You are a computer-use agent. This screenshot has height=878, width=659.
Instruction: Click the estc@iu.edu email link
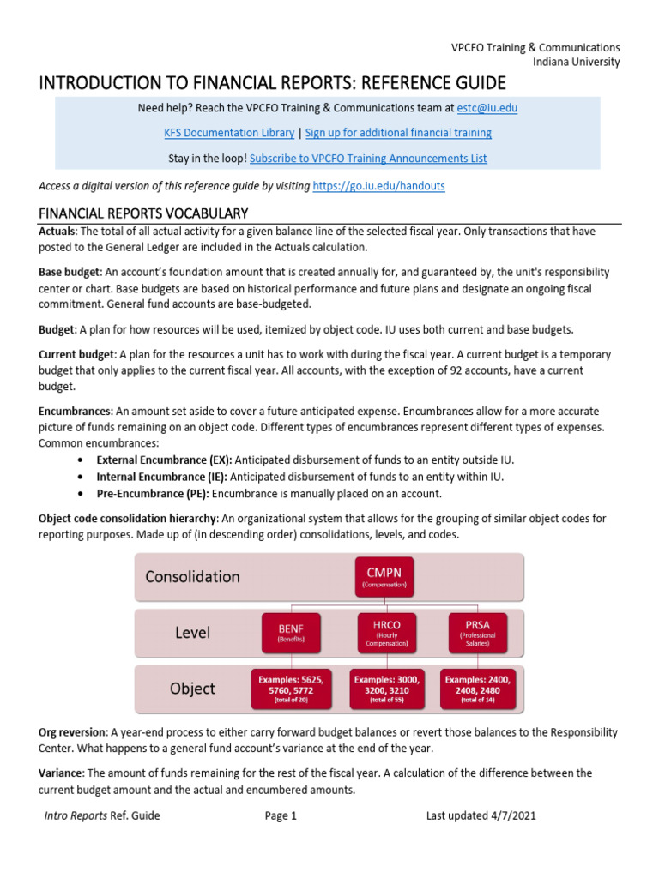click(x=487, y=108)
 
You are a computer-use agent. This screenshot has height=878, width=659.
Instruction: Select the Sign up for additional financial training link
click(x=398, y=133)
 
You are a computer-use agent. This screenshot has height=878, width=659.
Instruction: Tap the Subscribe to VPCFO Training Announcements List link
click(x=368, y=158)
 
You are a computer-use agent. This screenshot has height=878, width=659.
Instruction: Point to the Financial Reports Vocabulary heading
click(x=143, y=213)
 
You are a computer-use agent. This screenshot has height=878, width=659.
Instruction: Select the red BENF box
click(x=285, y=631)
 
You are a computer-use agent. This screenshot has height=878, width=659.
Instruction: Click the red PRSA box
click(x=477, y=631)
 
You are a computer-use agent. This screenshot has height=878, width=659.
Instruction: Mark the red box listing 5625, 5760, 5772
click(x=285, y=688)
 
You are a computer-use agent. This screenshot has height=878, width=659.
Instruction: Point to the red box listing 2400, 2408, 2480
click(x=477, y=688)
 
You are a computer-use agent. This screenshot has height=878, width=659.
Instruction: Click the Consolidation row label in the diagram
click(x=192, y=576)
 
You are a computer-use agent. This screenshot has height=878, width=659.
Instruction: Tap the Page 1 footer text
click(x=281, y=816)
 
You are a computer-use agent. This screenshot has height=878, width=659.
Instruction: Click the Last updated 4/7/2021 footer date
click(x=481, y=816)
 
